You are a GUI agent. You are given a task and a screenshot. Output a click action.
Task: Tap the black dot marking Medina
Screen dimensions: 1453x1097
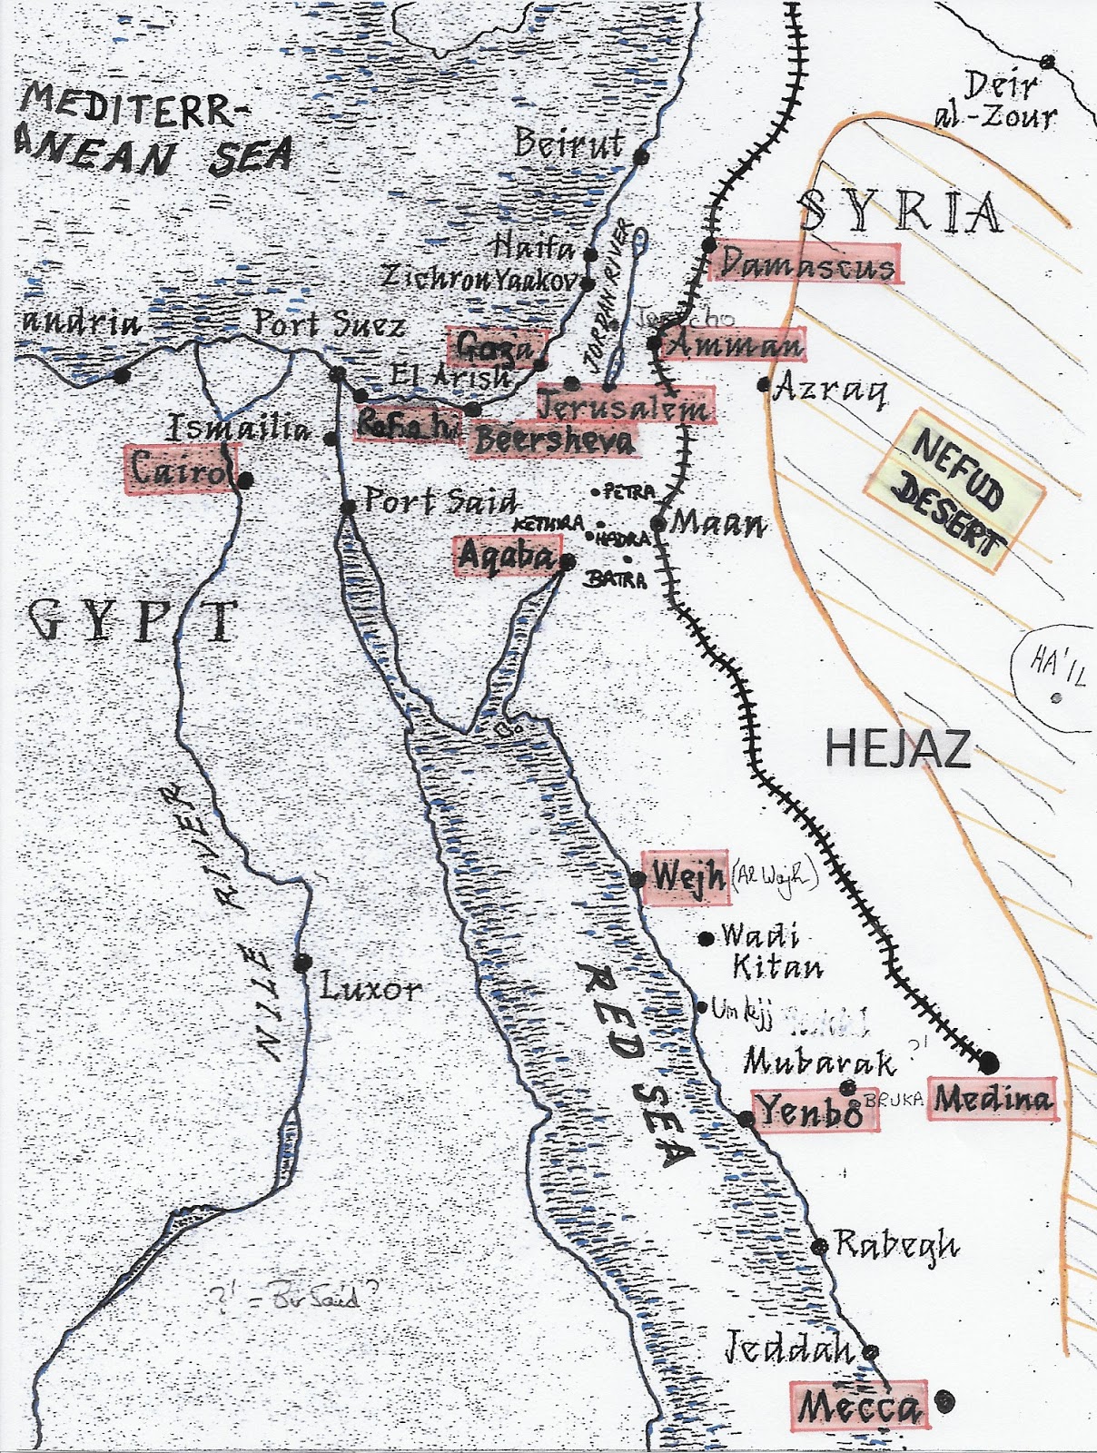point(989,1063)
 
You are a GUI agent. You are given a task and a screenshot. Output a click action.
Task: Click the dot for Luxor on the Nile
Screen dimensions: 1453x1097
point(302,963)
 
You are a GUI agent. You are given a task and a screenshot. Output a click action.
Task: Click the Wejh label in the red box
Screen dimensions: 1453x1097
point(686,878)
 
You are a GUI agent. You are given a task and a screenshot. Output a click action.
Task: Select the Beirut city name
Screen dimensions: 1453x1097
point(569,143)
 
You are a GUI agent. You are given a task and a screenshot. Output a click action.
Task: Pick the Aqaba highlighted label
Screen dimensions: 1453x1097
point(506,555)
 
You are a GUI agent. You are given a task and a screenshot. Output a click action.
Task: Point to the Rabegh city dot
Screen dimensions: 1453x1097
point(819,1246)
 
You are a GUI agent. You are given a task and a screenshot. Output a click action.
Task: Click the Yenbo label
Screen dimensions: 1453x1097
point(810,1111)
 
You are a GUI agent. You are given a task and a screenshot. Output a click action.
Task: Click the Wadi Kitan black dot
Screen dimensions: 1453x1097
point(706,938)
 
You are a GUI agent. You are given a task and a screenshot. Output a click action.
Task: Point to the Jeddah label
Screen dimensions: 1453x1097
point(788,1349)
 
